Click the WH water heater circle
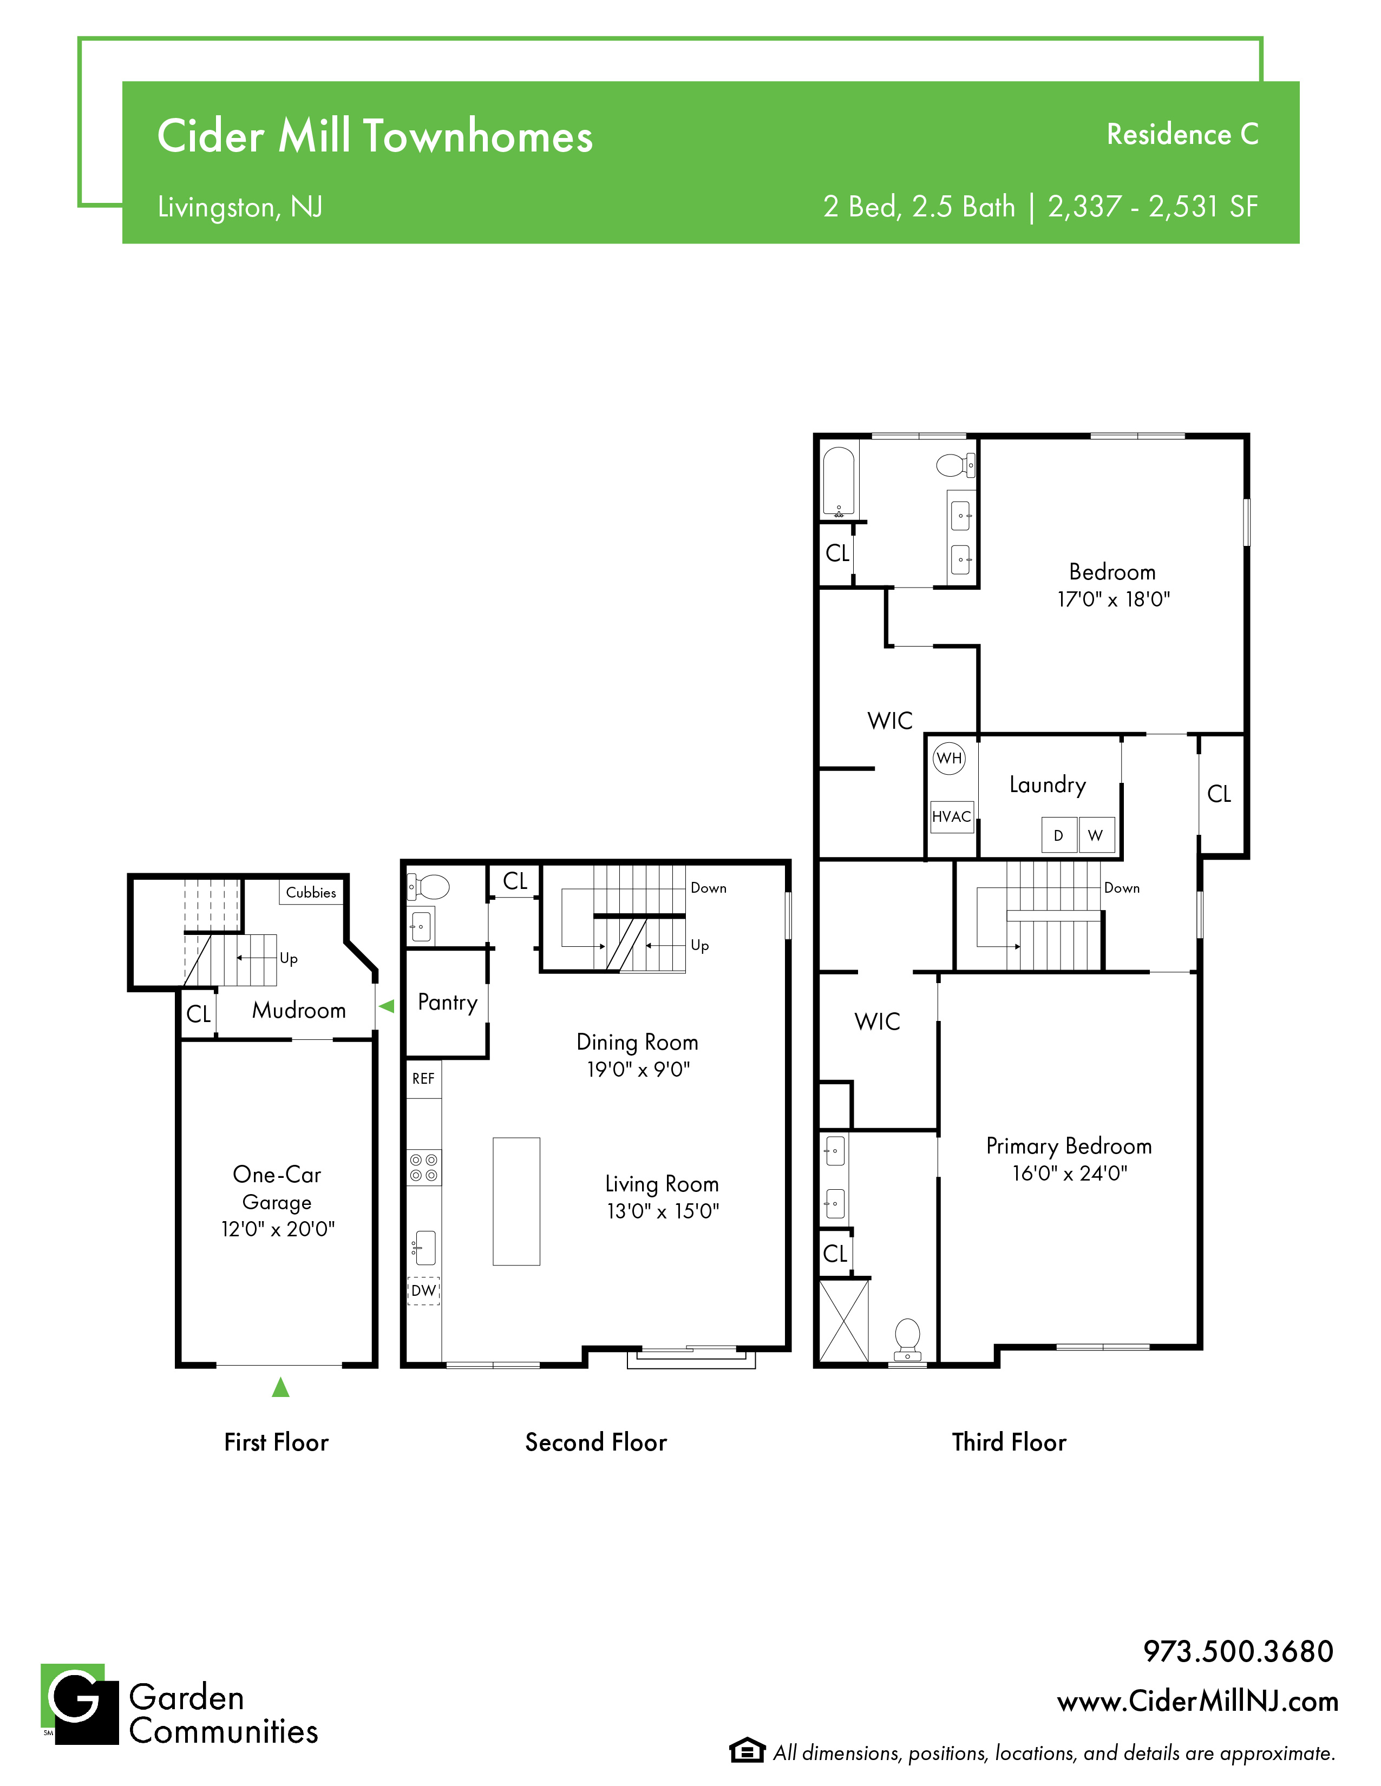point(949,758)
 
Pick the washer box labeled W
point(1096,835)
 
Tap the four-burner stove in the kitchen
point(424,1168)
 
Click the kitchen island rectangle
point(516,1201)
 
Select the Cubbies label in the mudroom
point(311,892)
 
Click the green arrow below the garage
point(280,1387)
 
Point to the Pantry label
point(448,1003)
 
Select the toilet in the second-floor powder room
point(429,886)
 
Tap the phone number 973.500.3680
point(1238,1651)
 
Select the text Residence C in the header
point(1182,134)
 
